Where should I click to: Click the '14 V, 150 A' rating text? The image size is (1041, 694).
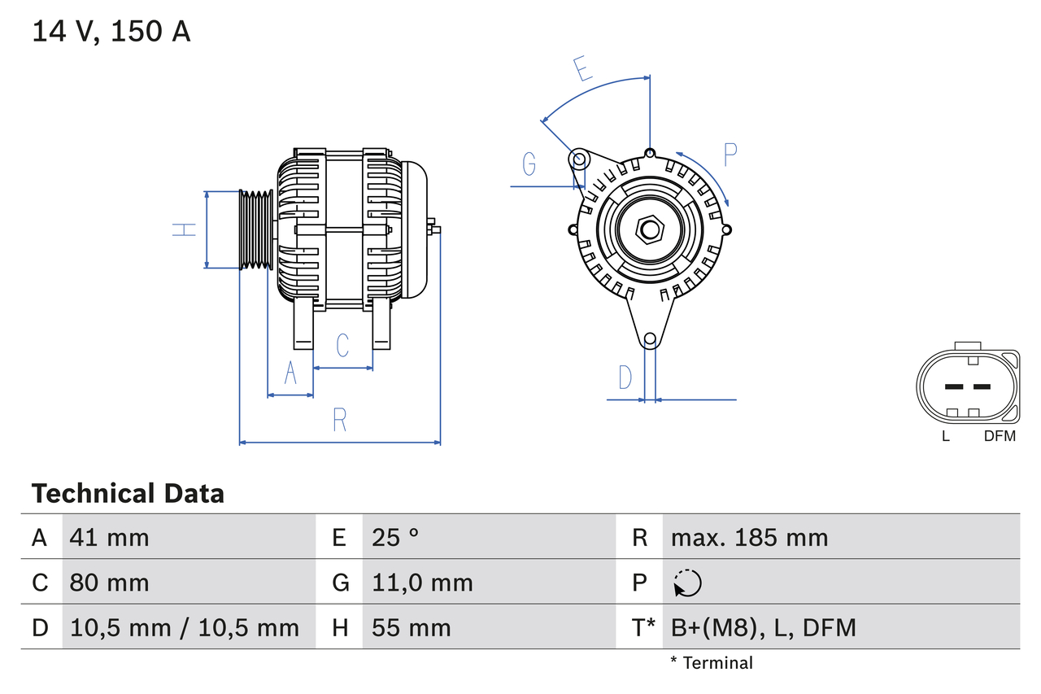(x=111, y=32)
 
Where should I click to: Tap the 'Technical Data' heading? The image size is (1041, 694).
(x=128, y=493)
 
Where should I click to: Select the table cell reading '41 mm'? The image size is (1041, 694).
(x=110, y=537)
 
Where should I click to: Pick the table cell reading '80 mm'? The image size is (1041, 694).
(x=110, y=583)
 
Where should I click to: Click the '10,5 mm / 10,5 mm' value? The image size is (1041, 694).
(x=185, y=627)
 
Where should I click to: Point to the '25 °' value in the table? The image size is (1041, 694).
(x=395, y=537)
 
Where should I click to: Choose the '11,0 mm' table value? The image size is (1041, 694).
(x=422, y=583)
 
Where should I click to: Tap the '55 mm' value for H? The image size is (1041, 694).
(x=411, y=627)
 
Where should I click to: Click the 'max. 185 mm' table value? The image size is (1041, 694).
(x=749, y=537)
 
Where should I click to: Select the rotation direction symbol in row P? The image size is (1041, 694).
(x=687, y=583)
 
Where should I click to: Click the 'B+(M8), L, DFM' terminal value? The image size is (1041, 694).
(x=763, y=627)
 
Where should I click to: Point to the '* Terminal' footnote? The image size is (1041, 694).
(x=712, y=662)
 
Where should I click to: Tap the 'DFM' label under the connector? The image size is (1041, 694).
(x=1000, y=436)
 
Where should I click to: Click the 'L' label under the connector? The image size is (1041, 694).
(x=945, y=436)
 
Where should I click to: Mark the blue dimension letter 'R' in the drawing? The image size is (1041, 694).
(x=340, y=420)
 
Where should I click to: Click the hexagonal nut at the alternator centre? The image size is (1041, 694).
(x=649, y=229)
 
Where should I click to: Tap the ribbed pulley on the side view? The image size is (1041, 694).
(x=256, y=229)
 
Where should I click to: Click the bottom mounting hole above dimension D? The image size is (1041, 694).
(x=650, y=339)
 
